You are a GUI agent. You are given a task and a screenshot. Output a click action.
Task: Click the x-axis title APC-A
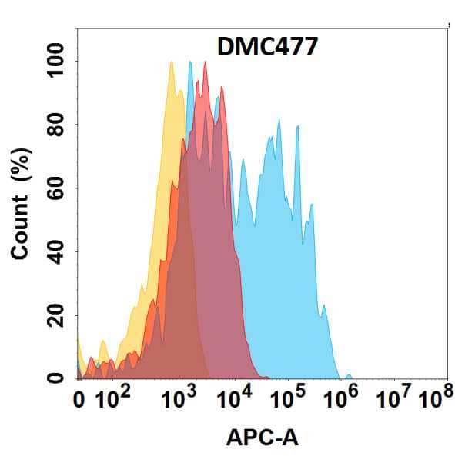coord(262,438)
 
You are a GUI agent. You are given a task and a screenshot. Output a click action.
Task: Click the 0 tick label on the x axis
coord(79,401)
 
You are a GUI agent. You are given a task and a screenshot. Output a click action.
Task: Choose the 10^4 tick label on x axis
coord(235,399)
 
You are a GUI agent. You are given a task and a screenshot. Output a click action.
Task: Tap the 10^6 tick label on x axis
coord(344,399)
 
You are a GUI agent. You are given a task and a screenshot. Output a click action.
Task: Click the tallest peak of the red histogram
coord(206,63)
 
